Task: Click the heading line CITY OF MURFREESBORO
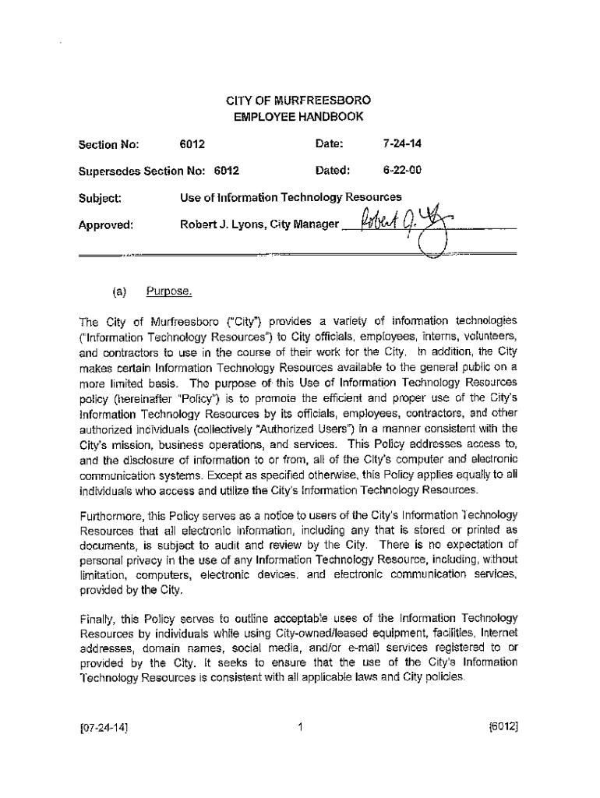click(298, 101)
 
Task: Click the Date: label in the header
click(329, 143)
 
